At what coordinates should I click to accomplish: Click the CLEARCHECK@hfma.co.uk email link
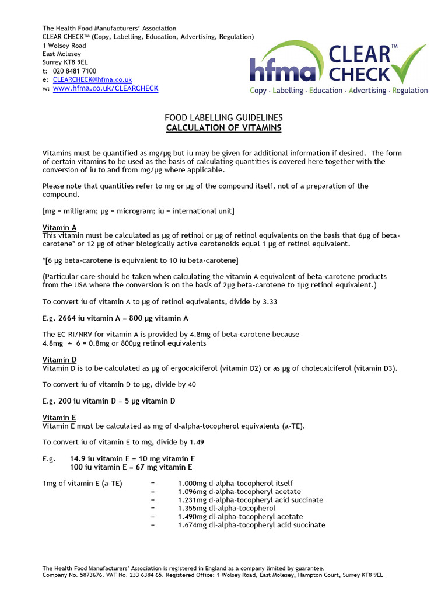click(x=92, y=79)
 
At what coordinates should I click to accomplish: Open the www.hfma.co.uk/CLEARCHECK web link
click(x=106, y=88)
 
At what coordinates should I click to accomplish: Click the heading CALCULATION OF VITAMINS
click(x=223, y=127)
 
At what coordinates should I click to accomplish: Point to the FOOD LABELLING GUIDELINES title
click(x=223, y=118)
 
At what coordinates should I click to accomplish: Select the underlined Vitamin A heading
click(x=60, y=227)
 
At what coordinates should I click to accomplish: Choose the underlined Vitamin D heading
click(x=60, y=360)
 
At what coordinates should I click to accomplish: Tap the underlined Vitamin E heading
click(x=60, y=418)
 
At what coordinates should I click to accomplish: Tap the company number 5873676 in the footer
click(x=86, y=575)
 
